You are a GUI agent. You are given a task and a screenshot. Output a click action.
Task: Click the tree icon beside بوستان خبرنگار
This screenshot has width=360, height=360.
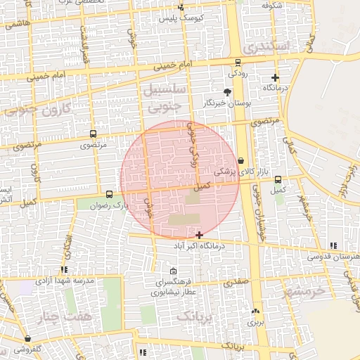coord(226,92)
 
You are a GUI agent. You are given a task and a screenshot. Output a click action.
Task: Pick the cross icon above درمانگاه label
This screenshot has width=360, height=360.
coord(275,78)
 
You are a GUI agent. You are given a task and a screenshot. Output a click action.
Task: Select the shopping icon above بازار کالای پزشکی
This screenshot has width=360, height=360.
coord(241,160)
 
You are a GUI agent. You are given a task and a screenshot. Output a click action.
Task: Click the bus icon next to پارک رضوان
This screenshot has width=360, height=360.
coord(109,194)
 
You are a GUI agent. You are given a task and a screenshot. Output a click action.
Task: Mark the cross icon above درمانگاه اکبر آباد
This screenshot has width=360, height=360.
coord(200,235)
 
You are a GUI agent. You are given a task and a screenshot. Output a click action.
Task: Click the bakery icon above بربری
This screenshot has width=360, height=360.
coord(255,311)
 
